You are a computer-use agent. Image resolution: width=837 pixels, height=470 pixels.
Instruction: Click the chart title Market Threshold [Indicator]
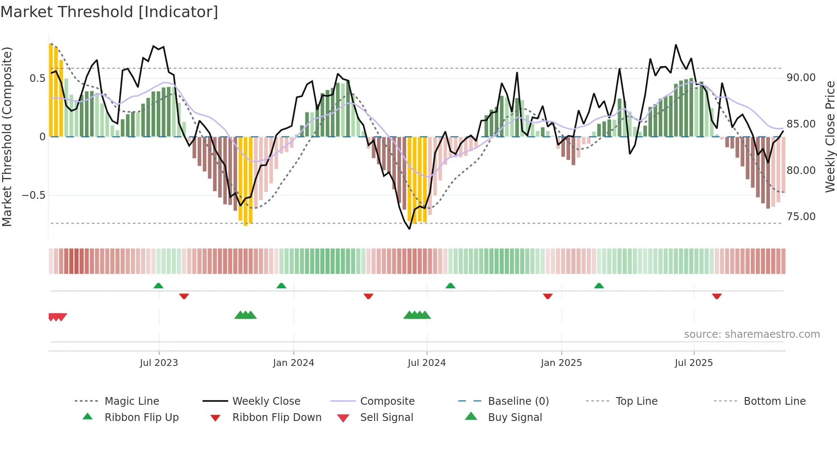109,12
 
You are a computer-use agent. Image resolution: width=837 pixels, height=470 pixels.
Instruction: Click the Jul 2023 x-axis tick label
159,363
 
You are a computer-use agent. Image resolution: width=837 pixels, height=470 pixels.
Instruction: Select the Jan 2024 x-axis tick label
293,363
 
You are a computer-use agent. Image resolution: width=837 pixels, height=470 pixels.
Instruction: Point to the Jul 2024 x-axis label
427,363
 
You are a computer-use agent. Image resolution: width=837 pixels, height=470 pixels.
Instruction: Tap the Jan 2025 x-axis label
561,363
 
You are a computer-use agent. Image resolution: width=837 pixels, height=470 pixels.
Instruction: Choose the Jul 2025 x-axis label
694,363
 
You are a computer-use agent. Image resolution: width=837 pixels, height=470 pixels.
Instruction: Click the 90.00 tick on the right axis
801,78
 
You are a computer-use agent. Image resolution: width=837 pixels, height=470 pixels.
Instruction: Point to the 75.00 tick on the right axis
801,217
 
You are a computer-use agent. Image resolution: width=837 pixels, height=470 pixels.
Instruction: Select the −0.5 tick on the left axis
34,195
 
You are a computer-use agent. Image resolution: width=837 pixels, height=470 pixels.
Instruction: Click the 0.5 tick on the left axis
37,78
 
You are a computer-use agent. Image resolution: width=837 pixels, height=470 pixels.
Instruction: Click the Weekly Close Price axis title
829,136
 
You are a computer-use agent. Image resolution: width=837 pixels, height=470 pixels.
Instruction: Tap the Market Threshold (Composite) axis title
7,136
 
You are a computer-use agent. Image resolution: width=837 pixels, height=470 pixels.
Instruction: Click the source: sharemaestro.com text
752,334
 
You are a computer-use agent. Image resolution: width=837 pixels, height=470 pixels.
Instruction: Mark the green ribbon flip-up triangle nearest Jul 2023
158,286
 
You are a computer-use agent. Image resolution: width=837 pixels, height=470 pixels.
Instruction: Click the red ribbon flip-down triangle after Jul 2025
717,296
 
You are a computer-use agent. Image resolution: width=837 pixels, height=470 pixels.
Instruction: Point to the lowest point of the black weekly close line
410,229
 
